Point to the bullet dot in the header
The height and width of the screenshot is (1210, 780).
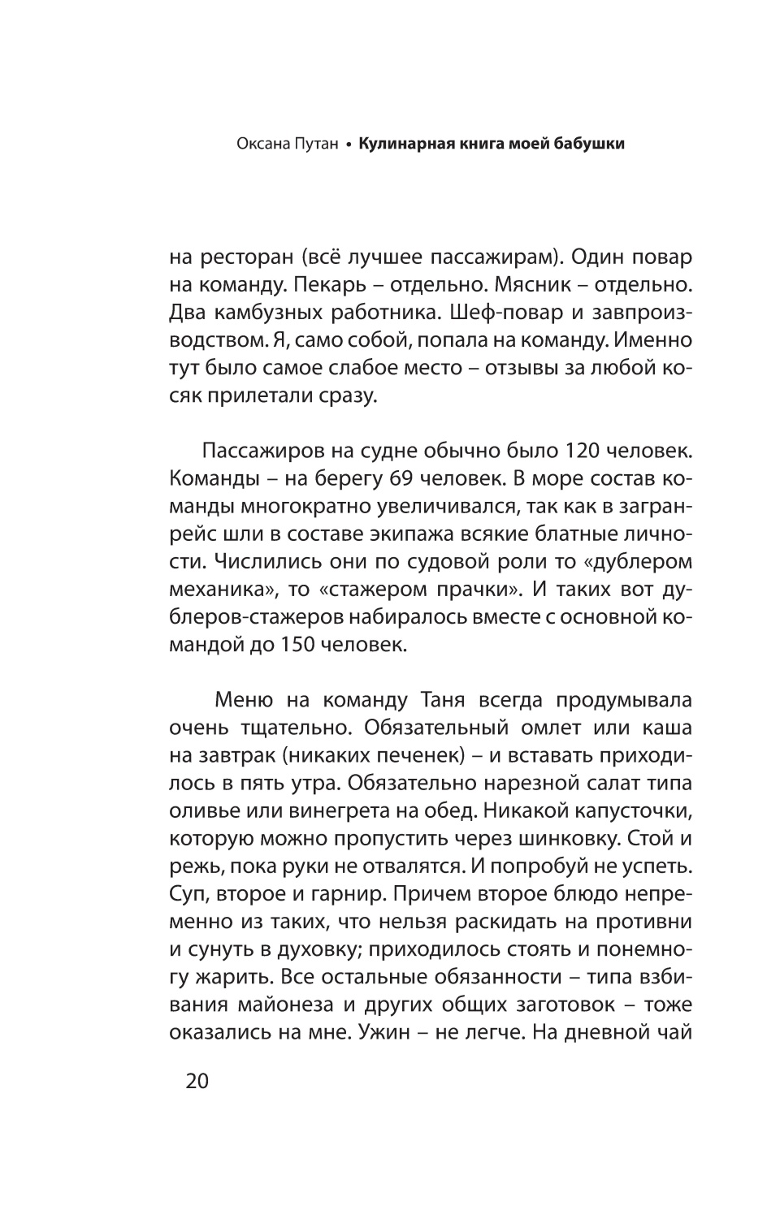tap(347, 145)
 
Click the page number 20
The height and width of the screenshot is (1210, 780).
tap(197, 1082)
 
